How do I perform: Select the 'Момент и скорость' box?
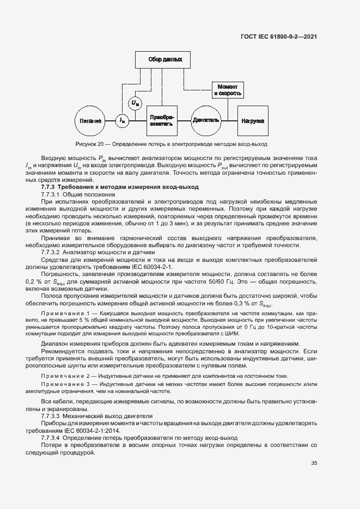point(227,90)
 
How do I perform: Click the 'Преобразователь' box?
point(162,120)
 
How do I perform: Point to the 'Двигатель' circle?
point(205,120)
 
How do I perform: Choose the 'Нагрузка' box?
point(252,120)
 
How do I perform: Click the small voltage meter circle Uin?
point(135,102)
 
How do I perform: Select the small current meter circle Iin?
point(123,120)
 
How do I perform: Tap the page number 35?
point(314,463)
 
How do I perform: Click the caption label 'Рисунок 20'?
point(89,145)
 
